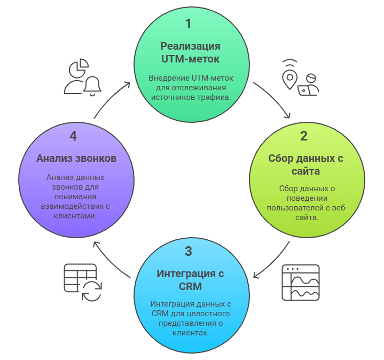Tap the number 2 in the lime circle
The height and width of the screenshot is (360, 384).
(x=303, y=136)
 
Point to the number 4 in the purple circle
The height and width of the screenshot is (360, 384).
(x=73, y=136)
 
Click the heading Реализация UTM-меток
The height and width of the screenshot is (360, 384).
(x=190, y=51)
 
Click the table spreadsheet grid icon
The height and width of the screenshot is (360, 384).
(x=80, y=277)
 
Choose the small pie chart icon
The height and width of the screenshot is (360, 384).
(x=79, y=68)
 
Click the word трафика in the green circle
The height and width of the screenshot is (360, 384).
(x=213, y=97)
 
